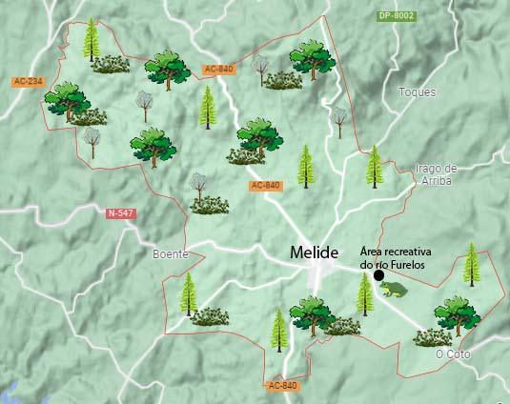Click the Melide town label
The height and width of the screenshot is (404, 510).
(314, 252)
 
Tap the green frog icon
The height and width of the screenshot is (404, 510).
(392, 289)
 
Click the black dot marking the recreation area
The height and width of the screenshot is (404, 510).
(378, 275)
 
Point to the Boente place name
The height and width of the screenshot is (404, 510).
(171, 254)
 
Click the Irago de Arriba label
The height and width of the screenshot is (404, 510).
(437, 173)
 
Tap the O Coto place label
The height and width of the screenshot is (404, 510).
(452, 353)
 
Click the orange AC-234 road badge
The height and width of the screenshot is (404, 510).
(29, 82)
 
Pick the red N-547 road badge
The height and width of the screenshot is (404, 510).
(121, 213)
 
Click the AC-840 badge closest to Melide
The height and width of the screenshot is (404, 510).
(266, 185)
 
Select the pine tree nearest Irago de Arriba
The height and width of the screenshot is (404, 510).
(375, 166)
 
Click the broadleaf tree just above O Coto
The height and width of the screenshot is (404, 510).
(457, 315)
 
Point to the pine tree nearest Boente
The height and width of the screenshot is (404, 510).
(188, 294)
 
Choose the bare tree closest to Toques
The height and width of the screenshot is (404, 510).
(337, 120)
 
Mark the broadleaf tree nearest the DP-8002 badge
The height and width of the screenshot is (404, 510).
(313, 59)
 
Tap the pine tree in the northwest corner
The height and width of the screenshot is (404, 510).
(92, 39)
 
